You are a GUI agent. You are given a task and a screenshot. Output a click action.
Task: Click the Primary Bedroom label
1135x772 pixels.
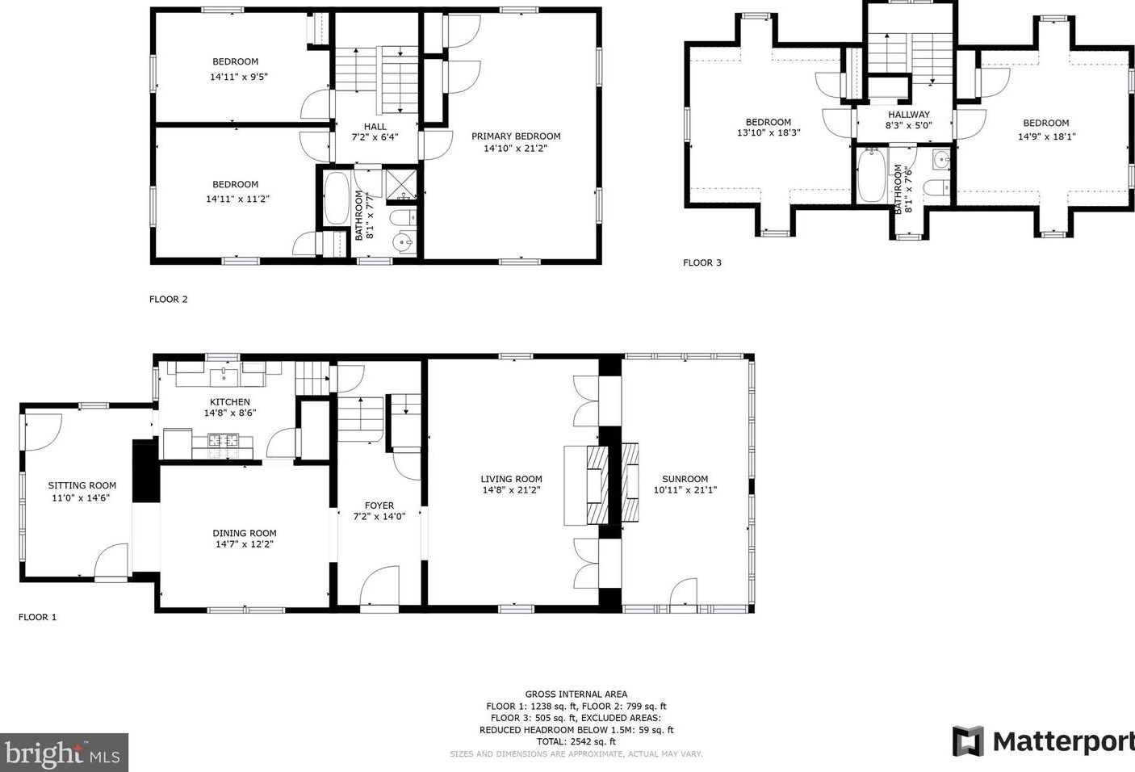tap(516, 136)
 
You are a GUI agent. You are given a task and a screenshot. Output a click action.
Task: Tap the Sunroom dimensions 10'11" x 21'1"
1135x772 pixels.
tap(685, 489)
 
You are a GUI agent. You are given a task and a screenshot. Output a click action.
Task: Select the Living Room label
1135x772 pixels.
tap(511, 479)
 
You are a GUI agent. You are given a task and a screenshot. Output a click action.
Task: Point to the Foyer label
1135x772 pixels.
tap(379, 506)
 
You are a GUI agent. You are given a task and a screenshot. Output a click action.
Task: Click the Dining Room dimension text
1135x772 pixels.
tap(245, 544)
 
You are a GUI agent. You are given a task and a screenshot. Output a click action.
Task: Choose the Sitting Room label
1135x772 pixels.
tap(82, 485)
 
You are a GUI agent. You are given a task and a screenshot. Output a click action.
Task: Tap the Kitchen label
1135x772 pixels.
tap(230, 402)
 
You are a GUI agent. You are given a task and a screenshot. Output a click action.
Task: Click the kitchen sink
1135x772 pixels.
tap(224, 377)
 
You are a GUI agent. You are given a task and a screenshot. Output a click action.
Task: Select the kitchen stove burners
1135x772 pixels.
tap(223, 439)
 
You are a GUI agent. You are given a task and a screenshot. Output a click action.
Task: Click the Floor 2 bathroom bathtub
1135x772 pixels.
tap(337, 198)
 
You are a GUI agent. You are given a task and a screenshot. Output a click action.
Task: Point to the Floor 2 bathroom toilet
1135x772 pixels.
tap(403, 218)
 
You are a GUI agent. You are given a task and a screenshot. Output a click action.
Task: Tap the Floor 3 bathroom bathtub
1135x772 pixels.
tap(872, 175)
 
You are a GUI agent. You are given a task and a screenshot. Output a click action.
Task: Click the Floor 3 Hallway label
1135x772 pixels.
tap(908, 115)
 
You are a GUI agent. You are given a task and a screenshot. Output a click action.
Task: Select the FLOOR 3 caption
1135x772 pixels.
tap(702, 262)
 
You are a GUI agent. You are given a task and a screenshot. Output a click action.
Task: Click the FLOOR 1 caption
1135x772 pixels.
tap(37, 617)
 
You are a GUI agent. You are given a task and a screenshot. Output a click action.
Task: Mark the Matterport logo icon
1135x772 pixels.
tap(968, 741)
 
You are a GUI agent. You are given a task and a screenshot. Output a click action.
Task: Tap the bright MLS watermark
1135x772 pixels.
tap(64, 753)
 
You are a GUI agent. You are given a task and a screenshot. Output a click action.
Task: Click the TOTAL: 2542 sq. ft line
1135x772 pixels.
tap(576, 741)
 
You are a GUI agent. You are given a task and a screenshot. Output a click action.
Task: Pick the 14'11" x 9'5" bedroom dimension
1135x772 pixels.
tap(239, 77)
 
